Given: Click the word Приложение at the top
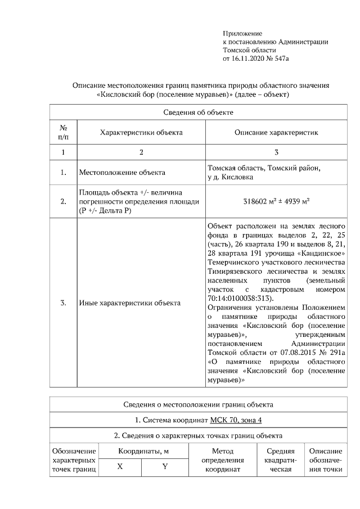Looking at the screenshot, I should (x=242, y=34).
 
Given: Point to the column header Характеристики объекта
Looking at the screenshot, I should (x=141, y=133).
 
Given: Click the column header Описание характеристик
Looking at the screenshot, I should (x=276, y=133).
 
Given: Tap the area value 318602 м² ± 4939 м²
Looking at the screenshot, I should (x=276, y=201).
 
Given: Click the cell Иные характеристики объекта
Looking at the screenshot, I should (x=130, y=303).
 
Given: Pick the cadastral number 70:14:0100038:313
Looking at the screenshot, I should (x=240, y=298).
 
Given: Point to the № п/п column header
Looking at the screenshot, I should (x=64, y=133).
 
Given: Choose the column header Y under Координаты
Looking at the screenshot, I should (x=165, y=467).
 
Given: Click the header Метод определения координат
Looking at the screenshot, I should (x=222, y=461).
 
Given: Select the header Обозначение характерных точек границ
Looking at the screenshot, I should (x=74, y=461).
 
